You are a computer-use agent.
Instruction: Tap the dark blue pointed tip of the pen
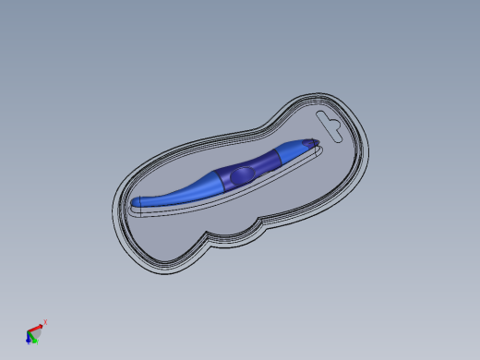click(x=314, y=142)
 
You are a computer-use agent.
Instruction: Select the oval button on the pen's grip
click(x=241, y=173)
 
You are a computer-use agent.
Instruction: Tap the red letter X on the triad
click(x=45, y=322)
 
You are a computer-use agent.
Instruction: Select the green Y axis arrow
click(x=32, y=338)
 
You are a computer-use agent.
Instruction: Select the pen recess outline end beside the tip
click(x=322, y=147)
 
